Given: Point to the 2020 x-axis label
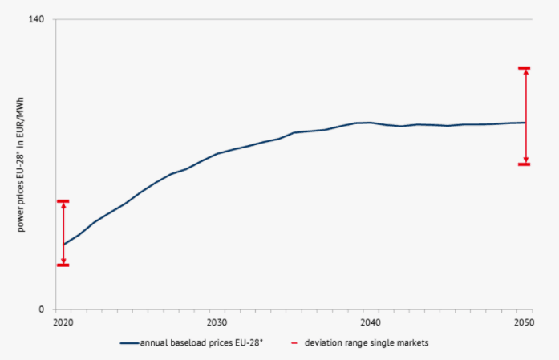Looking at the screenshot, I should (x=63, y=322).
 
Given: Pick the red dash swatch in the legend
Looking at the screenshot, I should (x=295, y=343).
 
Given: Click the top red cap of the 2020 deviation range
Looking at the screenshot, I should (x=63, y=201).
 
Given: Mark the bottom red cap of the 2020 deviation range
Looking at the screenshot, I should (x=63, y=265).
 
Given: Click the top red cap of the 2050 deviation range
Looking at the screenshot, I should (x=525, y=68).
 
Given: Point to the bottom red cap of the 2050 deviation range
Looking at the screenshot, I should (x=525, y=164).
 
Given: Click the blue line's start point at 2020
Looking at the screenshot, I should (x=63, y=245).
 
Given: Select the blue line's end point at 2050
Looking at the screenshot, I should (x=525, y=123).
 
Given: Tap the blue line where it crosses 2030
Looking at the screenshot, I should (x=217, y=153).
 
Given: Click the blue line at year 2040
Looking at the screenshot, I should (x=370, y=123).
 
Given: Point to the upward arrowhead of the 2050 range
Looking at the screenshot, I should (x=525, y=73).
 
